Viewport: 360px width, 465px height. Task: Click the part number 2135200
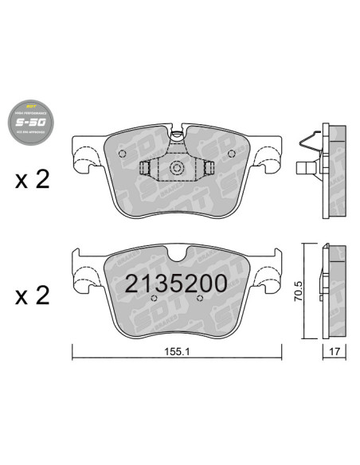[174, 283]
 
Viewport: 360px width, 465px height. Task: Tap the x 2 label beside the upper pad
[31, 178]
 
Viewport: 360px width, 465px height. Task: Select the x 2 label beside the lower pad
[31, 295]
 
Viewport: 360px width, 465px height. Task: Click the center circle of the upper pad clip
[176, 169]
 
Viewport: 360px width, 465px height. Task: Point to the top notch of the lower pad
[176, 255]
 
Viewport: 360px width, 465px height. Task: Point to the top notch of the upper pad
[176, 133]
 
